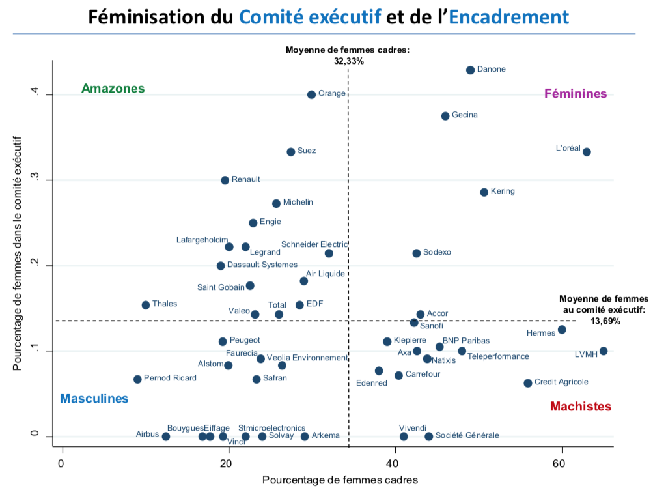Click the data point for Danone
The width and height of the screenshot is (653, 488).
[470, 70]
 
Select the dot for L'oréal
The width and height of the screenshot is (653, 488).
[587, 152]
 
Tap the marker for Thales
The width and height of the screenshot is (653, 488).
[146, 305]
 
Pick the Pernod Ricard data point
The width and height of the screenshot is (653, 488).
[137, 379]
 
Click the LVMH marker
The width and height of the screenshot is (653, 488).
[604, 351]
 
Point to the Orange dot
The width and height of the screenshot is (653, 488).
[311, 94]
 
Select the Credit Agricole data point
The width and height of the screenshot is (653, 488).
[528, 383]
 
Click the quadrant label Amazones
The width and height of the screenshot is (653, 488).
[113, 89]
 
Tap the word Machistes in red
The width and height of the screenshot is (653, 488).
[581, 407]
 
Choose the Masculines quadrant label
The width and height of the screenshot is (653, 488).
[94, 399]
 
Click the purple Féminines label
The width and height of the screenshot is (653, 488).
[576, 94]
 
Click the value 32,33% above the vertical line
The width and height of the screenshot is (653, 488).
[348, 61]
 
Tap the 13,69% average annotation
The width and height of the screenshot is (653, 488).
[605, 321]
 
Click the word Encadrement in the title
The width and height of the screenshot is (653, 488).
[508, 16]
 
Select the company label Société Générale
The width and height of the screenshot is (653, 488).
[467, 435]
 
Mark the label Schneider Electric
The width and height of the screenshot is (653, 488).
[314, 244]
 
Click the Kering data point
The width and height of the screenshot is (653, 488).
[484, 192]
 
